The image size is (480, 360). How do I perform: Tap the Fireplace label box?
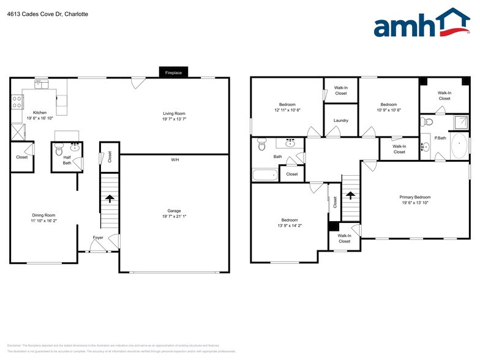tap(173, 72)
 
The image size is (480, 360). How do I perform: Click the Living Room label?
tap(174, 113)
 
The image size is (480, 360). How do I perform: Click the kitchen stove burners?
tap(16, 102)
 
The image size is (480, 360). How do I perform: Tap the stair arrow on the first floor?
tap(110, 198)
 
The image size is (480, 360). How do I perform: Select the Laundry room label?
tap(341, 120)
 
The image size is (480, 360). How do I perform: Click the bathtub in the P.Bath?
tap(459, 146)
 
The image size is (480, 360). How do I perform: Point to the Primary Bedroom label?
tap(415, 197)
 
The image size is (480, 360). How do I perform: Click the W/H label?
tap(174, 160)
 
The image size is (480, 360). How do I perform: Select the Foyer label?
tap(98, 237)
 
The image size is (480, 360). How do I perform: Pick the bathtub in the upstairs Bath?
tap(265, 176)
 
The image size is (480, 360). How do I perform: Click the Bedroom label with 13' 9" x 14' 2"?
tap(290, 220)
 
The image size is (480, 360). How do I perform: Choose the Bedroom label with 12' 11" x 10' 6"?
tap(287, 104)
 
